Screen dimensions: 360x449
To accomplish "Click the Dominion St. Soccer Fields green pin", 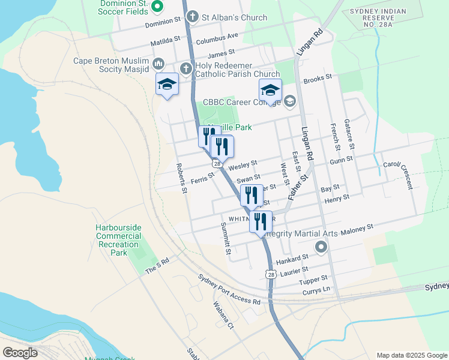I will (158, 7).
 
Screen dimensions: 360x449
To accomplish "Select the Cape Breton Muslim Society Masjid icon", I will (159, 64).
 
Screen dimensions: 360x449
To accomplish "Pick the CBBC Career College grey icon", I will (290, 101).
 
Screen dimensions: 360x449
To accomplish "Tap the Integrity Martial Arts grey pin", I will (321, 247).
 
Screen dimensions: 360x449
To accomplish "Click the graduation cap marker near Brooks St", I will (270, 91).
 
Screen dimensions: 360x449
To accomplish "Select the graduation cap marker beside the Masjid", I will (167, 85).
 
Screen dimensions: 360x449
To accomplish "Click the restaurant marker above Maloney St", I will (261, 221).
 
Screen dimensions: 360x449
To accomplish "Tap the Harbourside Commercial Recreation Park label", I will (118, 240).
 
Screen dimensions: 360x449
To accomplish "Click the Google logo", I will (20, 353).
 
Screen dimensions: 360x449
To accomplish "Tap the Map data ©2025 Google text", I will (412, 355).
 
